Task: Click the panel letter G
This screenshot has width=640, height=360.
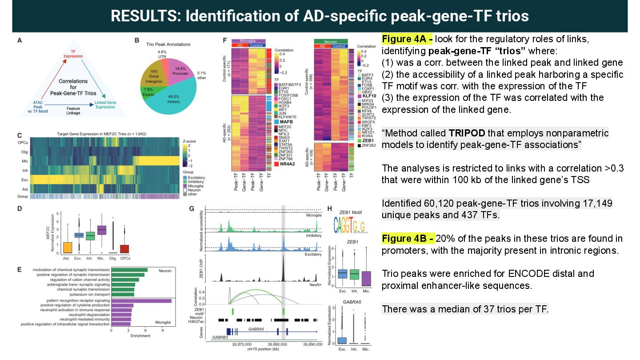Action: pyautogui.click(x=192, y=208)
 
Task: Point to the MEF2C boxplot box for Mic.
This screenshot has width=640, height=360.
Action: pyautogui.click(x=102, y=229)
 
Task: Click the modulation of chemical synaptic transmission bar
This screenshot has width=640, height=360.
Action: pyautogui.click(x=129, y=270)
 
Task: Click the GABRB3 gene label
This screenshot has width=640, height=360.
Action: pyautogui.click(x=220, y=337)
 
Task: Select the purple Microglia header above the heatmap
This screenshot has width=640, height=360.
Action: pyautogui.click(x=248, y=41)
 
